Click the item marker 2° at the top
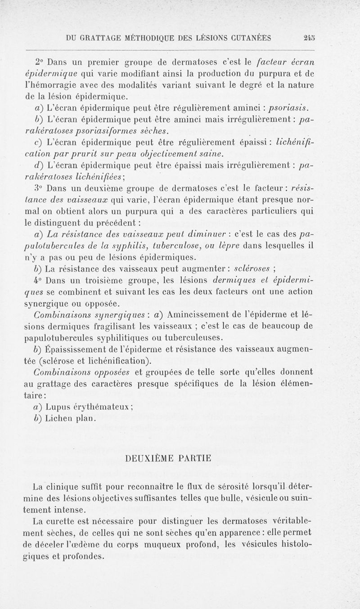pyautogui.click(x=41, y=61)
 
